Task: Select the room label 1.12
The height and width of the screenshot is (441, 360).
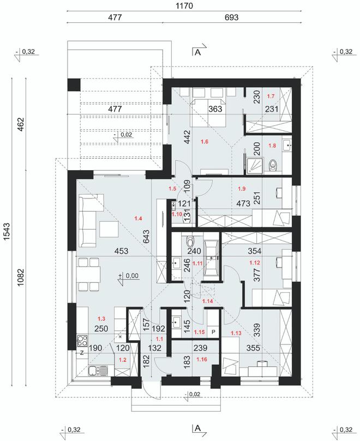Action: tap(255, 263)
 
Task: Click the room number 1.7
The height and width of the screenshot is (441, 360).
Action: tap(270, 96)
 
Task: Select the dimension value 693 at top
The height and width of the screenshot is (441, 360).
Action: tap(231, 17)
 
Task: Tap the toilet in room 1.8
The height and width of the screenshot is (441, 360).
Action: tap(274, 164)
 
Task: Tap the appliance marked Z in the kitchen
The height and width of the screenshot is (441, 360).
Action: tap(81, 353)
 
